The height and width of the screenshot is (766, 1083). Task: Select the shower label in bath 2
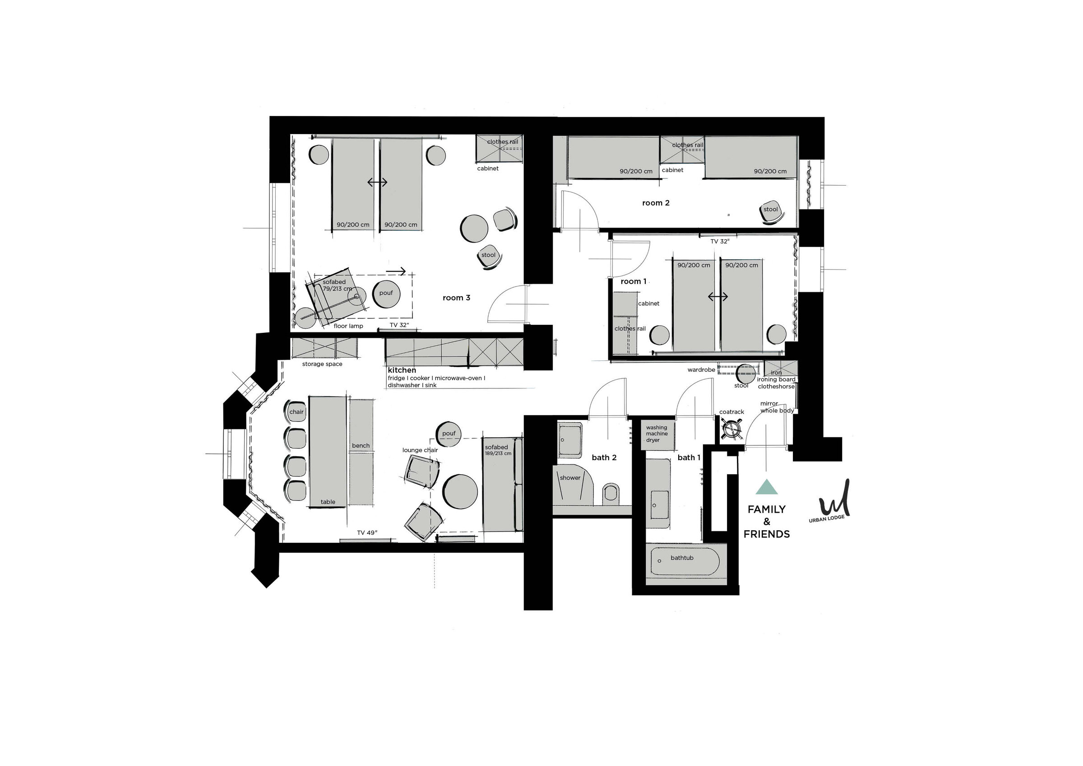tap(570, 478)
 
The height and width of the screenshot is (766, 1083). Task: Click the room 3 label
tap(456, 298)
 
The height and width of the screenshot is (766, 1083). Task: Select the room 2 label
tap(656, 203)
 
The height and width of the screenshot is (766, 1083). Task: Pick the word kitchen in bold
tap(402, 370)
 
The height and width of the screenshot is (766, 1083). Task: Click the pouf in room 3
tap(386, 293)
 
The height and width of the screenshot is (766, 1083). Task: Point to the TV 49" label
tap(367, 533)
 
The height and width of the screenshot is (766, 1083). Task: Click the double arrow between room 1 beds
tap(718, 297)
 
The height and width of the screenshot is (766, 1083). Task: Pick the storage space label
tap(322, 364)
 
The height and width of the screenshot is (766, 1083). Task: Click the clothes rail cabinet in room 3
tap(500, 149)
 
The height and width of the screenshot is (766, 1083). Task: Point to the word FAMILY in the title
tap(767, 509)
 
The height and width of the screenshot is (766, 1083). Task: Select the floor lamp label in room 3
tap(348, 326)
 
